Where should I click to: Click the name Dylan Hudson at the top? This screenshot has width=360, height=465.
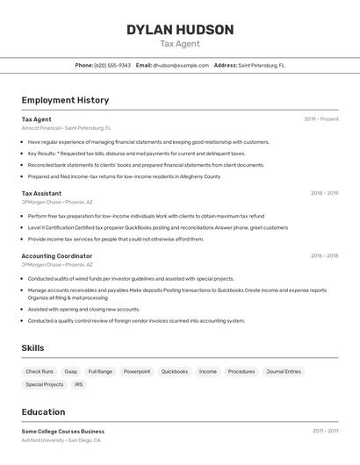point(180,30)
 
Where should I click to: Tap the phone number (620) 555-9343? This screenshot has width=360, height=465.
point(112,65)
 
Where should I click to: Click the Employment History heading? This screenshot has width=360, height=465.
point(65,100)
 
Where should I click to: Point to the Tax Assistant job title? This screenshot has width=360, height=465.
point(41,193)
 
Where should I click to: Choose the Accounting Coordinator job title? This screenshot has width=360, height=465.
point(56,256)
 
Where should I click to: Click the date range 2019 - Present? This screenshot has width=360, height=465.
point(321,119)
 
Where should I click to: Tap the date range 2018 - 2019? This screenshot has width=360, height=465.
point(324,193)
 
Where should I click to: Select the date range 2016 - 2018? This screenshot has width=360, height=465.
point(324,256)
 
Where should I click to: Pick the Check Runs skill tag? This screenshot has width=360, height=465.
point(40,372)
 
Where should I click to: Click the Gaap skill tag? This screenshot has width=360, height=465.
point(71,372)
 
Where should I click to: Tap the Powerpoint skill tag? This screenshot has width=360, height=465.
point(137,372)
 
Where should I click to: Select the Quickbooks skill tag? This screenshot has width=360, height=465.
point(175,372)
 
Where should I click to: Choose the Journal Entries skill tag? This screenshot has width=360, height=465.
point(284,372)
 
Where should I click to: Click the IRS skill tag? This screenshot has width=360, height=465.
point(79,384)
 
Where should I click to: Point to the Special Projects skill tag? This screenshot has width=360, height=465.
point(45,384)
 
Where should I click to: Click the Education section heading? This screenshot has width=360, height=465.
point(43,412)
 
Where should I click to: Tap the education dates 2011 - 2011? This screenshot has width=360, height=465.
point(325,432)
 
